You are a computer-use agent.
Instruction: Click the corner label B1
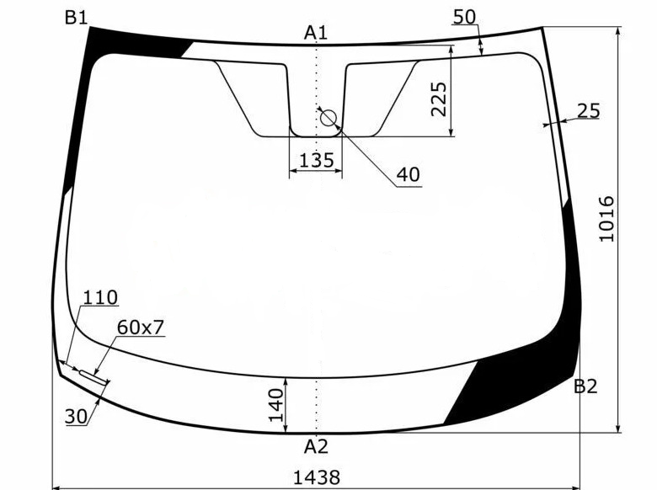pyautogui.click(x=77, y=18)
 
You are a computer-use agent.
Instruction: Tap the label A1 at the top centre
pyautogui.click(x=316, y=33)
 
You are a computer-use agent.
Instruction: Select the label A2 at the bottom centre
pyautogui.click(x=316, y=447)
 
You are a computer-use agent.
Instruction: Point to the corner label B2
pyautogui.click(x=585, y=386)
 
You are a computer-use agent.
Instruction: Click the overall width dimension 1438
pyautogui.click(x=317, y=477)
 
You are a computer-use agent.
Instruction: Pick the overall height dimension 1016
pyautogui.click(x=607, y=219)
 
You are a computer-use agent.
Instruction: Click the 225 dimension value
pyautogui.click(x=439, y=99)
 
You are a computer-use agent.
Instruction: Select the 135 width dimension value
pyautogui.click(x=317, y=160)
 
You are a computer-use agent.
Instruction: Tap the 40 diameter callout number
pyautogui.click(x=409, y=174)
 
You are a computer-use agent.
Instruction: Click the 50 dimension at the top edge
pyautogui.click(x=465, y=17)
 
